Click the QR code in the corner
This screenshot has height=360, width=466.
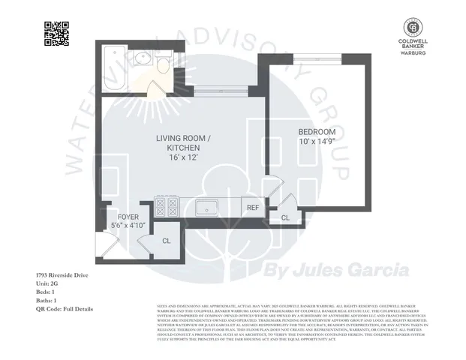click(x=56, y=34)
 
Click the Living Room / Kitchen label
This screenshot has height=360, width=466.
click(x=184, y=143)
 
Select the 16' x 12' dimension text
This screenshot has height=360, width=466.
click(x=184, y=159)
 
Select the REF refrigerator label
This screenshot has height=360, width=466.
click(x=253, y=207)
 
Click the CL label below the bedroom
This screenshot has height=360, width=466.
click(x=285, y=217)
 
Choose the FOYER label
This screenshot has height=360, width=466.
click(x=128, y=215)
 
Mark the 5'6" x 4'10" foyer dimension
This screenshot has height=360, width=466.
click(x=128, y=224)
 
